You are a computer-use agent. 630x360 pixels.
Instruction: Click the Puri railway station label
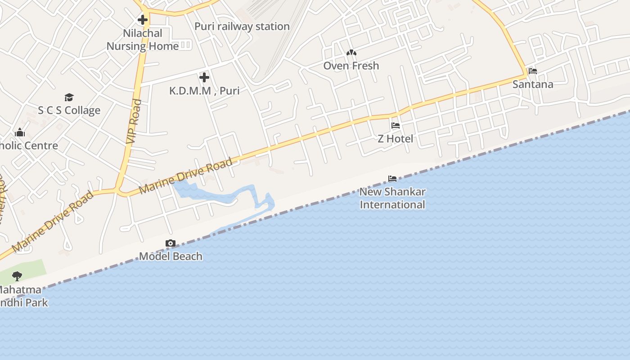pos(242,27)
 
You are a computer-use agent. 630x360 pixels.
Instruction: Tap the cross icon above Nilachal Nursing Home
pos(143,20)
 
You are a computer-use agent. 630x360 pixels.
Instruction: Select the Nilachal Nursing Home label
pos(142,40)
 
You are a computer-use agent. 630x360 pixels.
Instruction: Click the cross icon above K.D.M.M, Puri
pos(204,77)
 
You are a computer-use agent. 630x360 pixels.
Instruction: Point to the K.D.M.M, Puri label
pos(204,91)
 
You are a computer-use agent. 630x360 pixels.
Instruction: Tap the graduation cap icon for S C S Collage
pos(69,97)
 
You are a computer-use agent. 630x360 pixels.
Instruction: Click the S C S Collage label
pos(69,111)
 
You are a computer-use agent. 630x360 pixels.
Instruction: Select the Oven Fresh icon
pos(351,53)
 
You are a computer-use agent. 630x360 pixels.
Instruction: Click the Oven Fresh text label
pos(351,66)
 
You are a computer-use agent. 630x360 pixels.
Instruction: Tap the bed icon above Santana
pos(533,71)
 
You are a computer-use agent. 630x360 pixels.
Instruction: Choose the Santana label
pos(533,84)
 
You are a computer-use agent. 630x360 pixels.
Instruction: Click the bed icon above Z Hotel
pos(396,126)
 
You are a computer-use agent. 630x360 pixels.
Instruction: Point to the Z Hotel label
pos(396,139)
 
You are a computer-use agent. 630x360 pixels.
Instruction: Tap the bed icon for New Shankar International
pos(392,179)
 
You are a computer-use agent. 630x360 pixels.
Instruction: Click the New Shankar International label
pos(392,198)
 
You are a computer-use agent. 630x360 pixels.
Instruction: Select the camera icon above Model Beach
pos(171,243)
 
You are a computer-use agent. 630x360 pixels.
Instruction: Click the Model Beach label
pos(171,256)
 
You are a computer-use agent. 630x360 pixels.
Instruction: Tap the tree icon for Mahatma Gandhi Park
pos(17,276)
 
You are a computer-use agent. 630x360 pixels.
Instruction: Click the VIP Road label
pos(134,121)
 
